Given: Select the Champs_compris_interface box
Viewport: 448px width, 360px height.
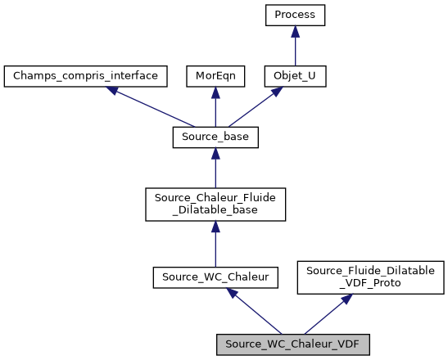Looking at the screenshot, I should click(x=86, y=76).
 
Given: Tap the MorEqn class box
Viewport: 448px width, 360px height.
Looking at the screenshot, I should click(x=215, y=76).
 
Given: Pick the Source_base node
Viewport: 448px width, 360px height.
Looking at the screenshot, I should click(x=215, y=137).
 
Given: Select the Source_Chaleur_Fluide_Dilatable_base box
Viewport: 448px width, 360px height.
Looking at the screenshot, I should click(x=215, y=204).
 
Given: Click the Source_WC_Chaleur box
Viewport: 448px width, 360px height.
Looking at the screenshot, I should click(x=215, y=278).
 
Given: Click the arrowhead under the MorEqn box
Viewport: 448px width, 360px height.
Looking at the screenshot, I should click(x=215, y=92).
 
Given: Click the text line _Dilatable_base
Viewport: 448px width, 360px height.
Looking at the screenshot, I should click(x=215, y=210).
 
